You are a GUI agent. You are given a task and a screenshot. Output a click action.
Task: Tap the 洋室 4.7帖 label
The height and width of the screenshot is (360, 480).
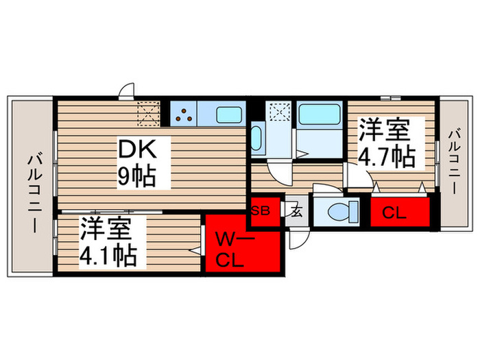click(385, 143)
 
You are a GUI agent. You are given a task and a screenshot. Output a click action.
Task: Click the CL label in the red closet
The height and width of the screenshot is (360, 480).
click(394, 213)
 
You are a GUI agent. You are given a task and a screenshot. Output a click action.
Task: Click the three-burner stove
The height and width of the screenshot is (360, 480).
click(183, 114)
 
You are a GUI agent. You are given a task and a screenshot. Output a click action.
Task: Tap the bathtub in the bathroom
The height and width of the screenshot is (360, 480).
click(320, 114)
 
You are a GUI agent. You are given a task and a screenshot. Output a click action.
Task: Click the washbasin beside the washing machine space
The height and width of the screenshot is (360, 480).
click(256, 137)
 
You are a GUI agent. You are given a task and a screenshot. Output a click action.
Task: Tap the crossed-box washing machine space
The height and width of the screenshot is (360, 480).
click(279, 112)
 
